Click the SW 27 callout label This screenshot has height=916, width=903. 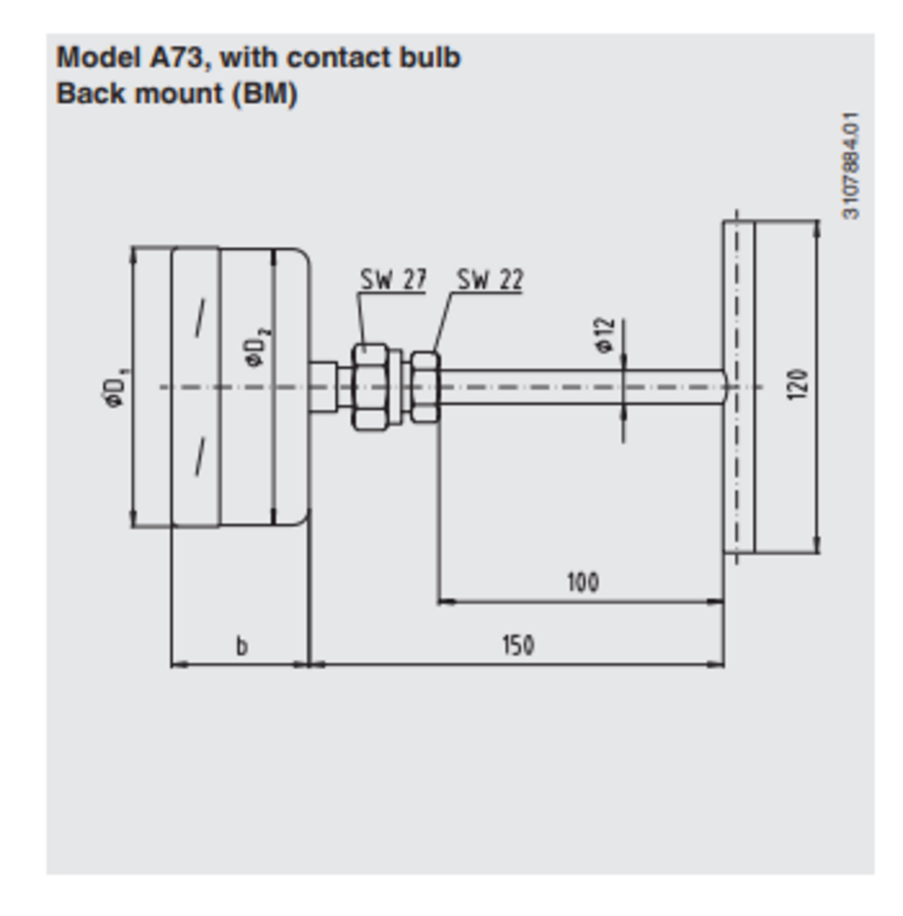[x=393, y=280]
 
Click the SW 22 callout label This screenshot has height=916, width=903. [x=490, y=280]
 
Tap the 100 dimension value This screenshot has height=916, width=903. [x=583, y=582]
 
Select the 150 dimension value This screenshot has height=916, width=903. [x=518, y=645]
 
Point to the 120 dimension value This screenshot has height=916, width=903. [x=797, y=385]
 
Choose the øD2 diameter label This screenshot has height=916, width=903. [x=255, y=347]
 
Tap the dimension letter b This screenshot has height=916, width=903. [x=242, y=645]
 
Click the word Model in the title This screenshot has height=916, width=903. [x=98, y=58]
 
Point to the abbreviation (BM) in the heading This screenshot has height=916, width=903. [x=264, y=94]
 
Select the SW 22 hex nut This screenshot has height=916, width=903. [x=425, y=386]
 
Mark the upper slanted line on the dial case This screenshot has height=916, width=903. [x=200, y=318]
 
